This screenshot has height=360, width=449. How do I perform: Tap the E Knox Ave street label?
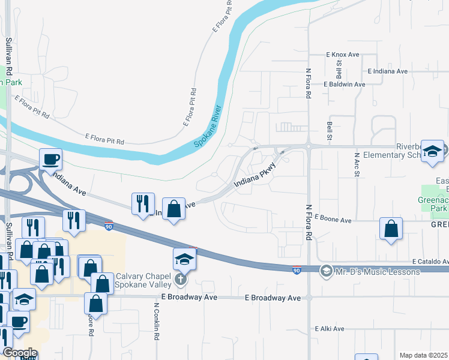[x=342, y=55]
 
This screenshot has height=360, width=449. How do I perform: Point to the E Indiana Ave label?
[x=387, y=71]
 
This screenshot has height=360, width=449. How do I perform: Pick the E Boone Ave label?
[x=333, y=220]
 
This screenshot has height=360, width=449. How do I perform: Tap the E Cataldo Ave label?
[x=430, y=262]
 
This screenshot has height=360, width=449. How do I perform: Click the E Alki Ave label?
[x=330, y=329]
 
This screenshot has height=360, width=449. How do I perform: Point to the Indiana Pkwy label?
[x=255, y=178]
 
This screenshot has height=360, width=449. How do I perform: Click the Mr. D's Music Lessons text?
[x=378, y=272]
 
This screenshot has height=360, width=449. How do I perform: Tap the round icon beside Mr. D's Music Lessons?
[x=326, y=272]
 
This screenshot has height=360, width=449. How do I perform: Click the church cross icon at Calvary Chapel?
[x=181, y=279]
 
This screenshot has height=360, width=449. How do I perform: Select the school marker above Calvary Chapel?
[x=185, y=259]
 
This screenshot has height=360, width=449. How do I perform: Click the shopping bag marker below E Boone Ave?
[x=391, y=229]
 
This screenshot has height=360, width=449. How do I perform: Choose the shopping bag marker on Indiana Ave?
[x=173, y=209]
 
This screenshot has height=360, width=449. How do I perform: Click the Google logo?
[x=19, y=353]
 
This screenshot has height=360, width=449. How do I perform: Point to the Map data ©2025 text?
[x=424, y=355]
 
